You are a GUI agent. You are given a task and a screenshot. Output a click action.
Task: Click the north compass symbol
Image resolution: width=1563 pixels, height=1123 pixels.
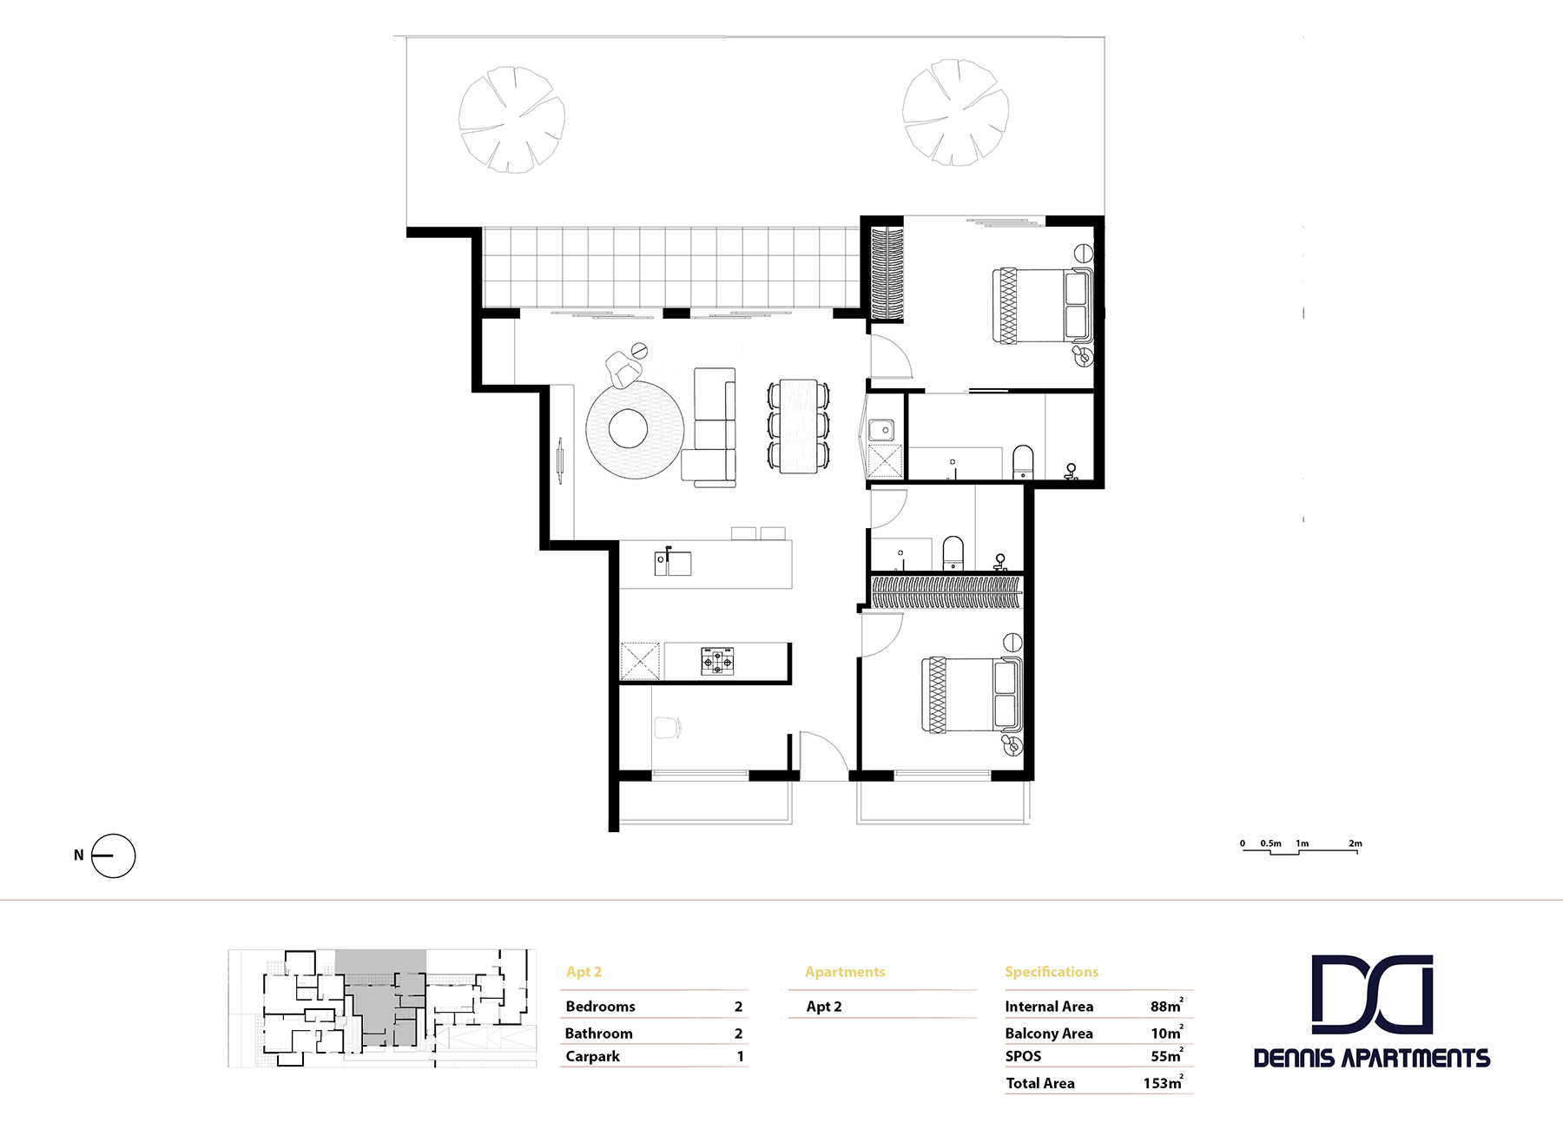pyautogui.click(x=114, y=855)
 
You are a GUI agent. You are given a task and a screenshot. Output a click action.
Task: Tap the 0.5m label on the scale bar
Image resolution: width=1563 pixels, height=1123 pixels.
pyautogui.click(x=1270, y=843)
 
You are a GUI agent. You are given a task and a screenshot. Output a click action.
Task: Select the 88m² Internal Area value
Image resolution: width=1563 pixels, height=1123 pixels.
pyautogui.click(x=1165, y=1006)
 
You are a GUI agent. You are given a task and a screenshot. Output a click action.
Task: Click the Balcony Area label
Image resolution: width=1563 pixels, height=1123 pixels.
pyautogui.click(x=1048, y=1033)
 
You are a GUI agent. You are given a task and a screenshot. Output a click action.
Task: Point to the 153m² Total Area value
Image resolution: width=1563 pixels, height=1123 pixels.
pyautogui.click(x=1162, y=1083)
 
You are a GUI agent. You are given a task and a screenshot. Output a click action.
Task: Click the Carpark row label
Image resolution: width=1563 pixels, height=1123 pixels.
pyautogui.click(x=592, y=1056)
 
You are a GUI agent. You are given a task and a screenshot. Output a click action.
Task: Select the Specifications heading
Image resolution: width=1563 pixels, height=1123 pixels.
pyautogui.click(x=1051, y=971)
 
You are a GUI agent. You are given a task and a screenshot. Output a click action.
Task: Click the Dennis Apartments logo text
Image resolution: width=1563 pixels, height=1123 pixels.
pyautogui.click(x=1371, y=1058)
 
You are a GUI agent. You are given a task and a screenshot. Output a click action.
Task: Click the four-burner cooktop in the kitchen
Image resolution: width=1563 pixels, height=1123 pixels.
pyautogui.click(x=717, y=661)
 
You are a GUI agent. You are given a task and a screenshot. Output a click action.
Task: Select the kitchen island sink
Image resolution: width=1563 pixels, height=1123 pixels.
pyautogui.click(x=673, y=563)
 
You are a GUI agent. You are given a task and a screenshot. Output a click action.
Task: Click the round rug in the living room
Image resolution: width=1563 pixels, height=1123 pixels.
pyautogui.click(x=634, y=429)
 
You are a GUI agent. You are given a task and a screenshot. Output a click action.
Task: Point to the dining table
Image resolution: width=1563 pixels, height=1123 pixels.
pyautogui.click(x=798, y=426)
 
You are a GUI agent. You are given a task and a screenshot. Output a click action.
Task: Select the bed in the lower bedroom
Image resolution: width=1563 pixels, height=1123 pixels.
pyautogui.click(x=971, y=695)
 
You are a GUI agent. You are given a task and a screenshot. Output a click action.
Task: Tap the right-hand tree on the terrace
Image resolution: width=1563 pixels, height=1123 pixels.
pyautogui.click(x=955, y=112)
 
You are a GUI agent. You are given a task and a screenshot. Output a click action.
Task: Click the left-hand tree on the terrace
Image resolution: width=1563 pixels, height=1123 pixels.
pyautogui.click(x=511, y=119)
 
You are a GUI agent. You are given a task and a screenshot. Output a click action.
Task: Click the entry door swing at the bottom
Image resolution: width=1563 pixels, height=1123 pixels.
pyautogui.click(x=821, y=753)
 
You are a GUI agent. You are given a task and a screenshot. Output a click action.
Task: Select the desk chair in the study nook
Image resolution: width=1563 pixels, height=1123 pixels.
pyautogui.click(x=667, y=728)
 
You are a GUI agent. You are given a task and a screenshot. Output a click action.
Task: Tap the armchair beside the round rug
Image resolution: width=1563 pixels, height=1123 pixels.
pyautogui.click(x=622, y=369)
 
